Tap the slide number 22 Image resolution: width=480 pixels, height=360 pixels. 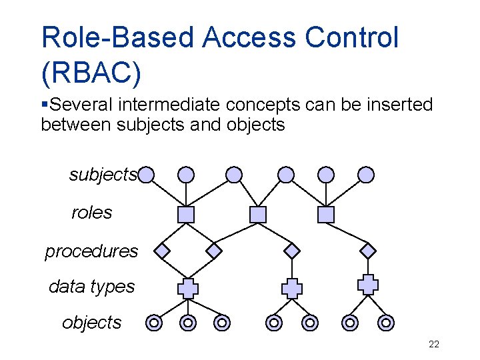pyautogui.click(x=433, y=345)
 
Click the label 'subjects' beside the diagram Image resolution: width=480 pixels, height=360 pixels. pyautogui.click(x=103, y=175)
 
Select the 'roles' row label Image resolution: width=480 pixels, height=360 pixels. pyautogui.click(x=91, y=213)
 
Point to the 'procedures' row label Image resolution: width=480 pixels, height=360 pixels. pyautogui.click(x=91, y=251)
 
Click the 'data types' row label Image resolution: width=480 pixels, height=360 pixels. pyautogui.click(x=91, y=287)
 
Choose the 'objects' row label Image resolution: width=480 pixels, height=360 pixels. pyautogui.click(x=91, y=323)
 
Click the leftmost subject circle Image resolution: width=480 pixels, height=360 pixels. pyautogui.click(x=147, y=175)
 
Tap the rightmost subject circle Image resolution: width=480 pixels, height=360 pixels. pyautogui.click(x=366, y=175)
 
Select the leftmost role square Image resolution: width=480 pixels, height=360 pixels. pyautogui.click(x=186, y=214)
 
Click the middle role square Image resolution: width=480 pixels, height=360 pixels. pyautogui.click(x=257, y=214)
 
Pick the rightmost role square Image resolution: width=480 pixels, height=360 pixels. pyautogui.click(x=325, y=214)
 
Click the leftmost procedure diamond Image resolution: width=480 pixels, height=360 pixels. pyautogui.click(x=162, y=251)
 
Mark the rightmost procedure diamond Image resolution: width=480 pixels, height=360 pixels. pyautogui.click(x=368, y=251)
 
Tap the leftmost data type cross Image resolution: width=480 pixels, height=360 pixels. pyautogui.click(x=188, y=288)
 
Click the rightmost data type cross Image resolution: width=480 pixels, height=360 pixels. pyautogui.click(x=367, y=284)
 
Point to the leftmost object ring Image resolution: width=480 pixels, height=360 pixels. pyautogui.click(x=154, y=323)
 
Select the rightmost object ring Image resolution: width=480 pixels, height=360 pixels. pyautogui.click(x=385, y=323)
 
